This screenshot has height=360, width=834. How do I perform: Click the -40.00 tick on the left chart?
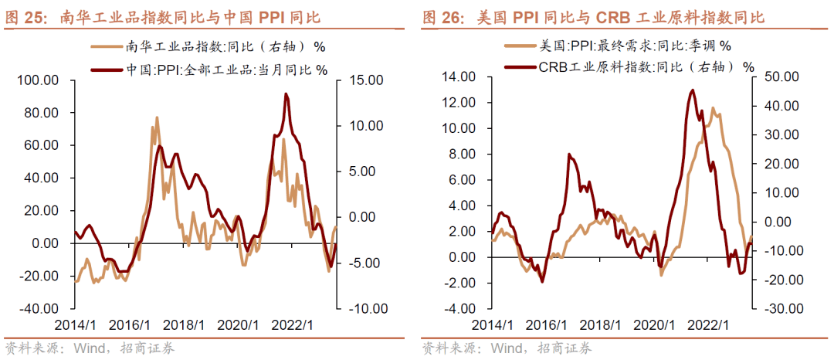38,308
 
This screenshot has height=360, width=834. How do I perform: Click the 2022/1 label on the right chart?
710,325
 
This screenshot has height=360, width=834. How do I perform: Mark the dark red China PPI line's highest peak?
286,94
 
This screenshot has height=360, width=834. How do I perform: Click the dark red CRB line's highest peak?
692,90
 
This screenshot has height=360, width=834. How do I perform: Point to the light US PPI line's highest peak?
712,108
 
